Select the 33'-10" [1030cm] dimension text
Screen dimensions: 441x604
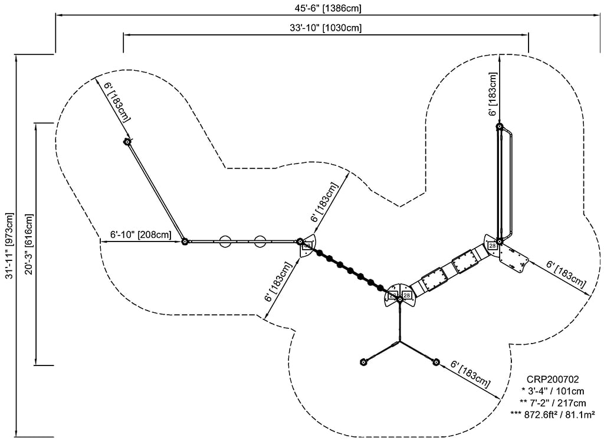(326, 28)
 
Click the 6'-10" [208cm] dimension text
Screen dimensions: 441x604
(141, 234)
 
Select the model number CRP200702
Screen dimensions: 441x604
(553, 380)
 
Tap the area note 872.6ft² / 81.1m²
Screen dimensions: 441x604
(553, 414)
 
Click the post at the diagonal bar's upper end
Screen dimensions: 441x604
(126, 142)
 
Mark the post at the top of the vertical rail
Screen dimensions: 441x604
(500, 126)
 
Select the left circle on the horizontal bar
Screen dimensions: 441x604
(225, 241)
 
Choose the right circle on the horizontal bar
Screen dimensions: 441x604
(260, 241)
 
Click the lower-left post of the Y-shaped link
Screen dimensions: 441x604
(363, 361)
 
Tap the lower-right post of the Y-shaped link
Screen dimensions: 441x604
(436, 361)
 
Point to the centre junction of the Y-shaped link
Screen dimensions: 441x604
(400, 341)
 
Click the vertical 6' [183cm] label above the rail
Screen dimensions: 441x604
(493, 94)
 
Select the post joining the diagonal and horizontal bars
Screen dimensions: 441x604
(185, 241)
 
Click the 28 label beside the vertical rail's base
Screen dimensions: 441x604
(492, 246)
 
